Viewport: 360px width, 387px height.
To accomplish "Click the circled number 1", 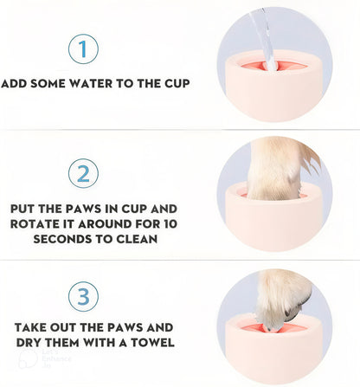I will [x=83, y=49].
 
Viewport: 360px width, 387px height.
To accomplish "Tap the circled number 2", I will [x=83, y=174].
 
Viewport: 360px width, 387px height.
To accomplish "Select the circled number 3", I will [x=83, y=297].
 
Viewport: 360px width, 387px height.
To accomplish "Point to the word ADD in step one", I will [x=15, y=84].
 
